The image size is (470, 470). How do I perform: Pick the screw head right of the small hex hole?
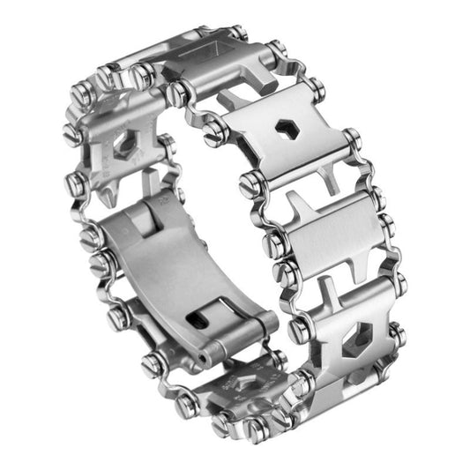coord(351,140)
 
